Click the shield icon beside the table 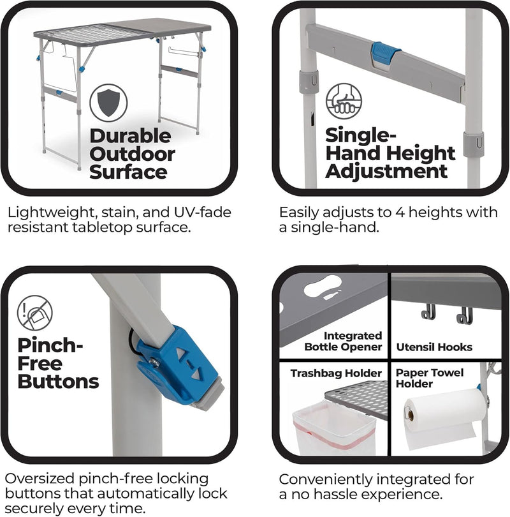[x=108, y=103]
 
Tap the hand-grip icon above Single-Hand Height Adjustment [x=344, y=101]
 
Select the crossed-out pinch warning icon [x=35, y=313]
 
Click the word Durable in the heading [x=131, y=136]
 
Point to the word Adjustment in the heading [x=386, y=172]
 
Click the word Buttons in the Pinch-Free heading [x=58, y=382]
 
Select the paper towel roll [x=444, y=417]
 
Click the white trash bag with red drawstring [x=334, y=428]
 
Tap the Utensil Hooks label [x=434, y=347]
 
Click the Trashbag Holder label [x=336, y=373]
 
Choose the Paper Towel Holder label [x=429, y=378]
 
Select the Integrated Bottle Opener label [x=343, y=341]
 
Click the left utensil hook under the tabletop [x=428, y=312]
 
